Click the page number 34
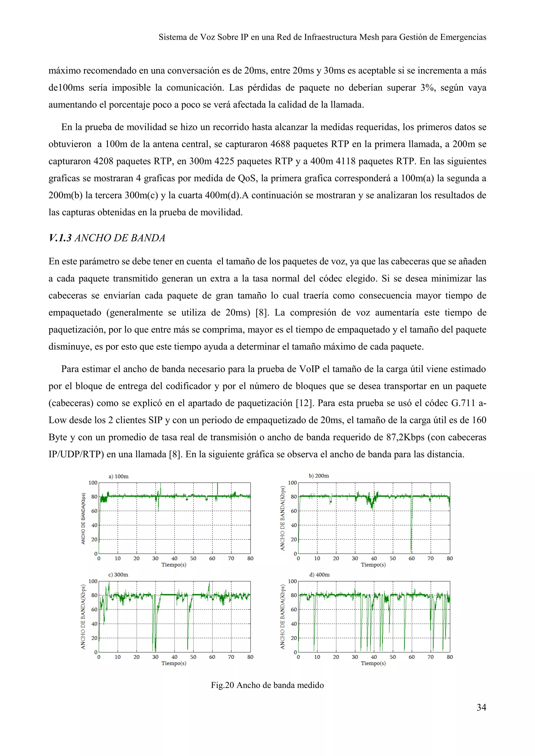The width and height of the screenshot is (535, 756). [x=481, y=707]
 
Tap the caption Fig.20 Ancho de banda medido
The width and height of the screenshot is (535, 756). [x=267, y=685]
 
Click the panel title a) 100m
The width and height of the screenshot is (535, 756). [x=118, y=476]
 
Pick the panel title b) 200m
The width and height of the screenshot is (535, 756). [x=318, y=475]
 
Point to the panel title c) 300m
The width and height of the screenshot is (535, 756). [x=118, y=575]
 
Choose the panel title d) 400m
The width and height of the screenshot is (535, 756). [x=319, y=575]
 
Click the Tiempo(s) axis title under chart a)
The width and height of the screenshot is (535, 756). [x=174, y=565]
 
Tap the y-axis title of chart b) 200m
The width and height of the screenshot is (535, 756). [x=282, y=520]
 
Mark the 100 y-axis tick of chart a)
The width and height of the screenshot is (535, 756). [x=93, y=483]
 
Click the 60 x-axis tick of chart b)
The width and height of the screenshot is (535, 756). [x=411, y=558]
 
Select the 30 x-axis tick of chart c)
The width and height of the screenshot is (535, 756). [x=155, y=657]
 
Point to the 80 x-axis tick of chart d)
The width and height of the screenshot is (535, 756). [x=450, y=657]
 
